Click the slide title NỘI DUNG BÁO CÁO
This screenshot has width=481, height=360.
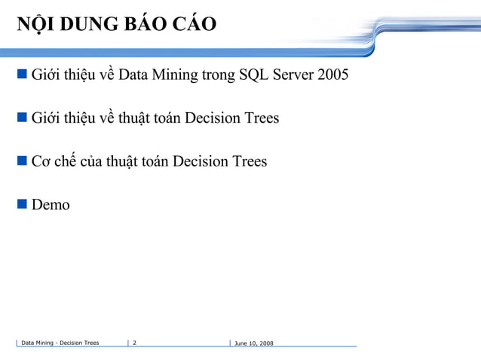pos(117,24)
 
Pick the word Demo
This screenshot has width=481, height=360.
pos(51,204)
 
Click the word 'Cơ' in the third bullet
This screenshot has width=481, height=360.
pos(41,161)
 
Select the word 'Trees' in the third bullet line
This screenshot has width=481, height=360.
pos(247,161)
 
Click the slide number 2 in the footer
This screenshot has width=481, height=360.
pos(134,343)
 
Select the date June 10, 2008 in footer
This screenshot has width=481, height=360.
pos(254,343)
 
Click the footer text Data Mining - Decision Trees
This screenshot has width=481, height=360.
pos(60,343)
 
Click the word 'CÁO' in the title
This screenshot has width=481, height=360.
pos(193,24)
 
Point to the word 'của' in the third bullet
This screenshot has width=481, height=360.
pos(90,161)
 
